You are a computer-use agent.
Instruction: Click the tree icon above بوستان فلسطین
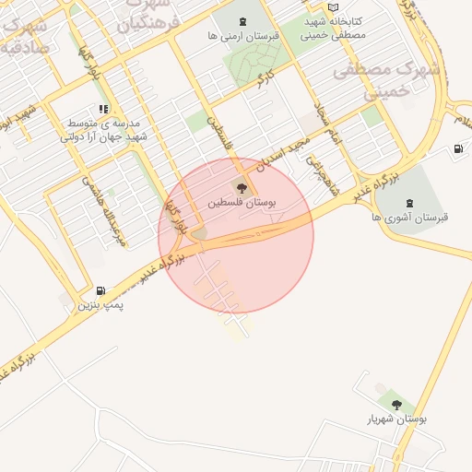(x=242, y=187)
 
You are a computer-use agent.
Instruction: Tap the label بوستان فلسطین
(x=242, y=201)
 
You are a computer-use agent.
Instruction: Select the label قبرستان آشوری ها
(x=409, y=217)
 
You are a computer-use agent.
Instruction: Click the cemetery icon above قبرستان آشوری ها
(x=409, y=203)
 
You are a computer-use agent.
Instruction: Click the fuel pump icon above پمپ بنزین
(x=100, y=290)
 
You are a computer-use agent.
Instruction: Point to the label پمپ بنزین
(x=100, y=304)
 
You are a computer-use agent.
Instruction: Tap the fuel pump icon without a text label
(x=458, y=149)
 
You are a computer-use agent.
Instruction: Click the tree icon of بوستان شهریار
(x=396, y=404)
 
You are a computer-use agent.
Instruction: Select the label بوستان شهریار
(x=397, y=419)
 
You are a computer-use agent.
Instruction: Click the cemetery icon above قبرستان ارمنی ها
(x=242, y=21)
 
